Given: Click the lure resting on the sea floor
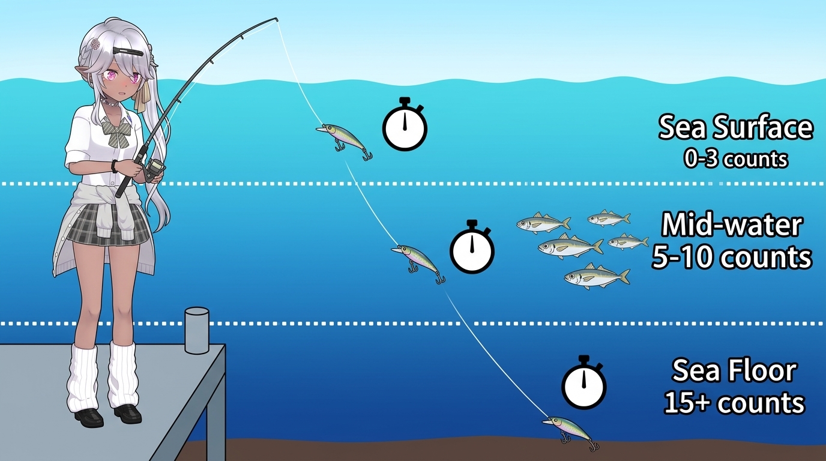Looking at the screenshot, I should (569, 430).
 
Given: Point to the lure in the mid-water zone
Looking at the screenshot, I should (418, 262).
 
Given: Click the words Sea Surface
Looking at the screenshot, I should (735, 128).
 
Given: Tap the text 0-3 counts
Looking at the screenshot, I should (735, 159).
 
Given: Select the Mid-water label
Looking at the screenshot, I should (732, 225).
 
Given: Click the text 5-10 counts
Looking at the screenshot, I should (732, 257).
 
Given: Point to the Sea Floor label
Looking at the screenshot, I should (734, 371).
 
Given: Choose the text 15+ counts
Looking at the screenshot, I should (734, 403).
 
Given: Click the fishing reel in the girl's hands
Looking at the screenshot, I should (154, 167).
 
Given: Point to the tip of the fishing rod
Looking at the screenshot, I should (277, 19).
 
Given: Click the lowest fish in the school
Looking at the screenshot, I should (597, 277).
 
